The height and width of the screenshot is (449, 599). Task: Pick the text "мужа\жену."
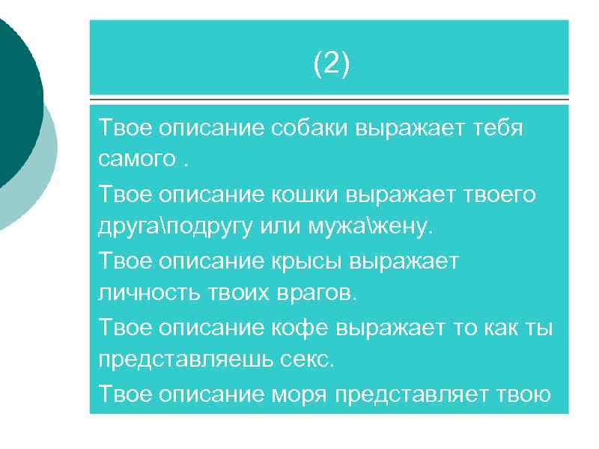(377, 226)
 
